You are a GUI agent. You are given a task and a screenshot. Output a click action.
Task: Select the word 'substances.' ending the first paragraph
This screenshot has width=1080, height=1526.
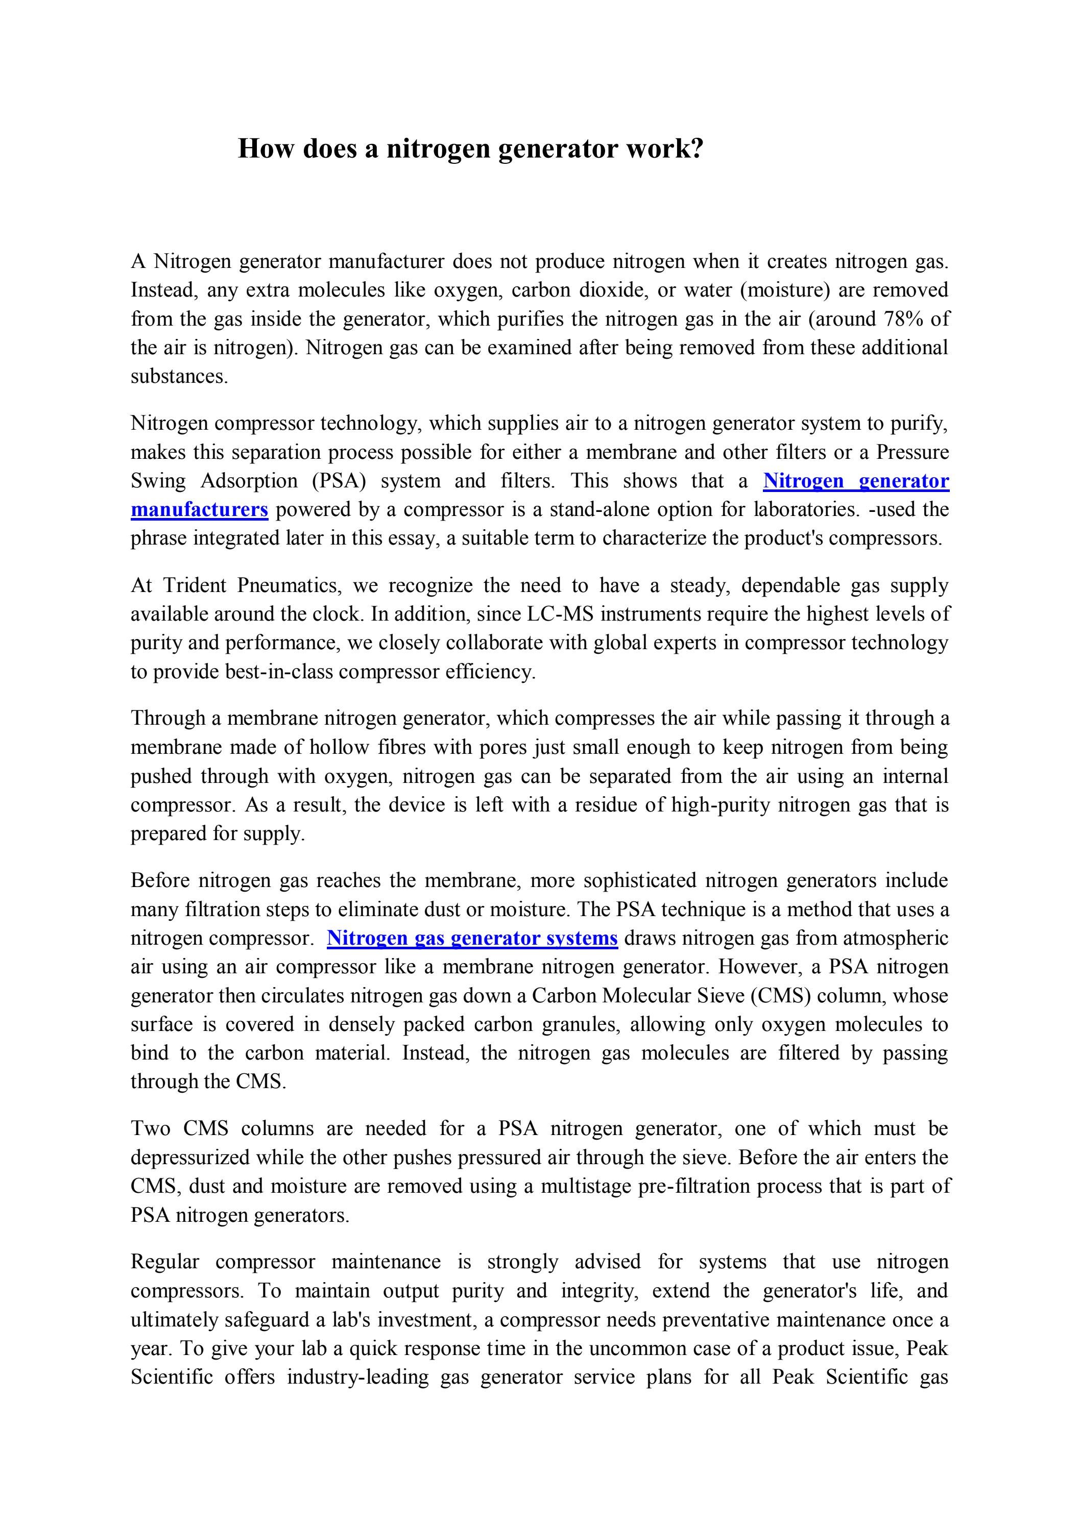(179, 376)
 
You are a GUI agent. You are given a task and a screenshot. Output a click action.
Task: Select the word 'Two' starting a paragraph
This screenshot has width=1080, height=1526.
(150, 1128)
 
